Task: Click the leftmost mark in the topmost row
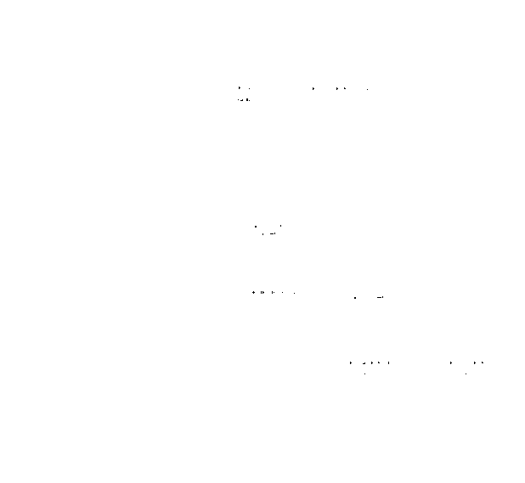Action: coord(239,87)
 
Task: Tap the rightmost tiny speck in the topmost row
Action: coord(368,88)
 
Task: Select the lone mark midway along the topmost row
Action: coord(313,88)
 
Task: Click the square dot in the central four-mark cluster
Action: coord(256,226)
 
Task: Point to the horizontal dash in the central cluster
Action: coord(272,233)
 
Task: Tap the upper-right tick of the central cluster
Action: coord(280,225)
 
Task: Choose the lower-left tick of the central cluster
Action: coord(263,233)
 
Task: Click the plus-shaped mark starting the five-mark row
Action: coord(253,293)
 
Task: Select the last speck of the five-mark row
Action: coord(295,293)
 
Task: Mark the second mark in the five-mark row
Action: coord(261,293)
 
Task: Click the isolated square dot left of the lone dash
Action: coord(355,298)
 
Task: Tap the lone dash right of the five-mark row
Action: coord(380,298)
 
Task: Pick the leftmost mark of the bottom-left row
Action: coord(350,362)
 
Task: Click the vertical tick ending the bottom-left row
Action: coord(389,362)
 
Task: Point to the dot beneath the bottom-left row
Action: coord(364,373)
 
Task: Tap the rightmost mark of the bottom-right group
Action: coord(483,362)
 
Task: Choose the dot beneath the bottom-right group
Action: coord(466,373)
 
